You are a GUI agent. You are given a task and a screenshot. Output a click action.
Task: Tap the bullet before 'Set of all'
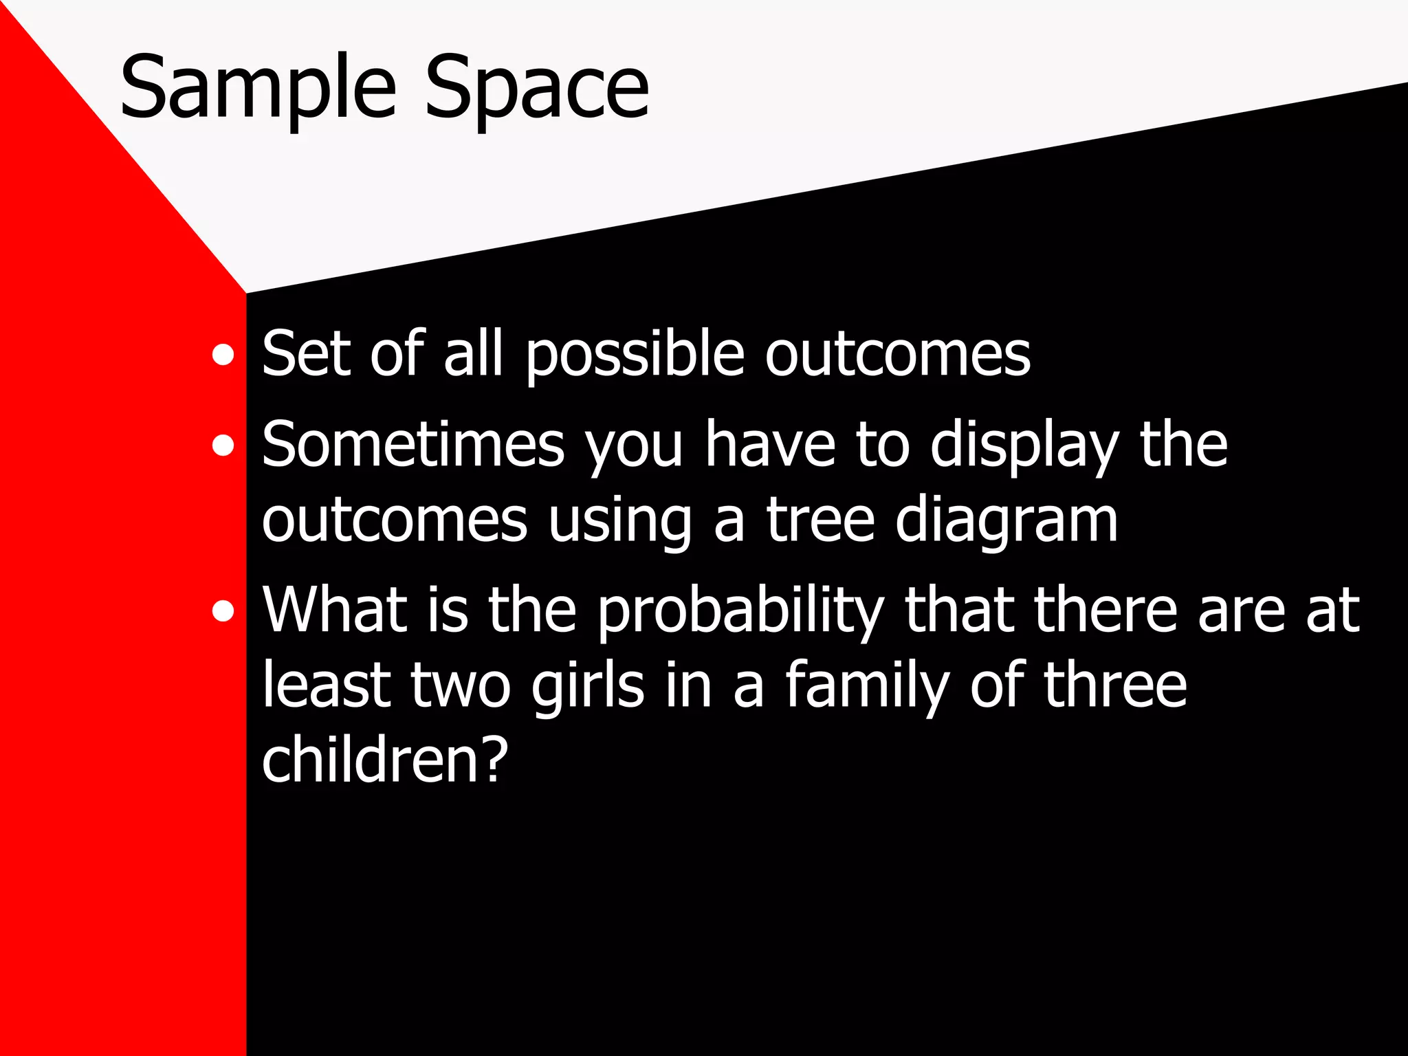point(223,355)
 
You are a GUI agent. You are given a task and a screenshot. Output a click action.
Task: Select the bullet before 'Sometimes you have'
point(223,446)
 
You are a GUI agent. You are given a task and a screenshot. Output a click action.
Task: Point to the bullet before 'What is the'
point(223,610)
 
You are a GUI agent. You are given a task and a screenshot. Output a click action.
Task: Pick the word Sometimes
point(413,445)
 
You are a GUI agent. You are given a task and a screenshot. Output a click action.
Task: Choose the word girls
point(588,686)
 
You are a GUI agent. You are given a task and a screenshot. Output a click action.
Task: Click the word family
point(867,686)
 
